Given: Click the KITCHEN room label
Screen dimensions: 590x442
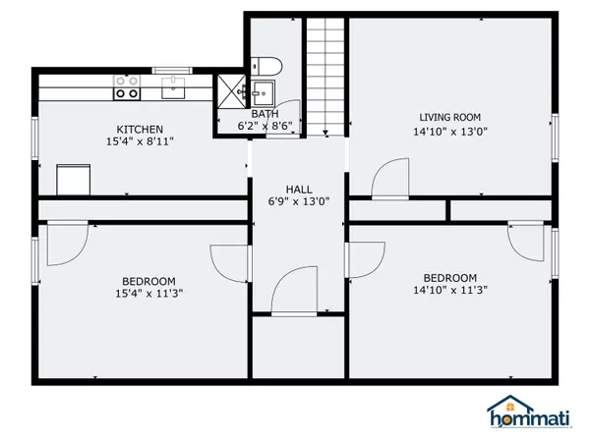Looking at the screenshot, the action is [x=140, y=130].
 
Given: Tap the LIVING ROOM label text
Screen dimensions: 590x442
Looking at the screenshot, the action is [x=450, y=117].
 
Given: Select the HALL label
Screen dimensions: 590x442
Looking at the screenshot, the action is [x=299, y=190].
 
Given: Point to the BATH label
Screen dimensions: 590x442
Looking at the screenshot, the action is [x=265, y=114].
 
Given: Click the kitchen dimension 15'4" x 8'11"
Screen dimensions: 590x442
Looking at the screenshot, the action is [x=140, y=141].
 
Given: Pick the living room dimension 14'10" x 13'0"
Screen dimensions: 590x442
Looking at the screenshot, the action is [x=450, y=132].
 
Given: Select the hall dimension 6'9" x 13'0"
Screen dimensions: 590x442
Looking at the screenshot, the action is [x=299, y=201].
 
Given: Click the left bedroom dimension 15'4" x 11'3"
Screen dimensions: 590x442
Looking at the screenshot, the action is [x=149, y=293].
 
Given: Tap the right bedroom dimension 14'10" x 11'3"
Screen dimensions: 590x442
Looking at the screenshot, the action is [x=450, y=290].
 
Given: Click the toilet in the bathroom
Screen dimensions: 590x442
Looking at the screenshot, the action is [x=266, y=67].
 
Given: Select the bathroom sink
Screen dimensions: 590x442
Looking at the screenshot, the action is [x=263, y=93].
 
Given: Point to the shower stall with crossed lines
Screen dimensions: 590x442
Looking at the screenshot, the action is [x=231, y=91].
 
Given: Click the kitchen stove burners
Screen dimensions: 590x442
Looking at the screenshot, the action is [x=127, y=87].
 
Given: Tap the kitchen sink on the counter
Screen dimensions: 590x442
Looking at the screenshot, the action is [x=173, y=87].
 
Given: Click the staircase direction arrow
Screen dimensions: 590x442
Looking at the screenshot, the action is [x=325, y=133].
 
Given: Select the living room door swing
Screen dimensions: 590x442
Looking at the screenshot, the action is [x=389, y=178].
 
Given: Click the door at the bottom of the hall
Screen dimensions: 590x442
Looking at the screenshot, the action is [x=294, y=290].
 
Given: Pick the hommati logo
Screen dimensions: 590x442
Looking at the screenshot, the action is [x=529, y=412].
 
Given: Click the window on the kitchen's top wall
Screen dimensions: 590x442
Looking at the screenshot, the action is [x=172, y=71].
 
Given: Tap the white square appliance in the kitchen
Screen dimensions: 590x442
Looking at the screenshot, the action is [x=74, y=180].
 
